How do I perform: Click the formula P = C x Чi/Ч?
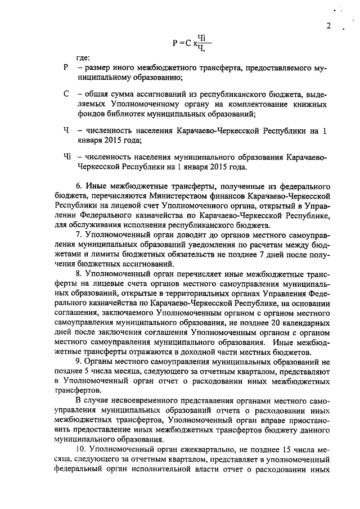coord(192,42)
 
